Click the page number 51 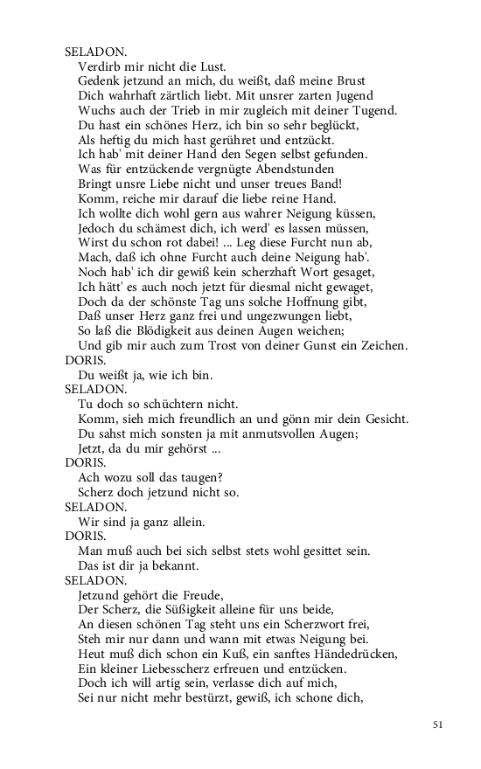coord(438,724)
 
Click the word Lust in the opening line coord(213,66)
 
